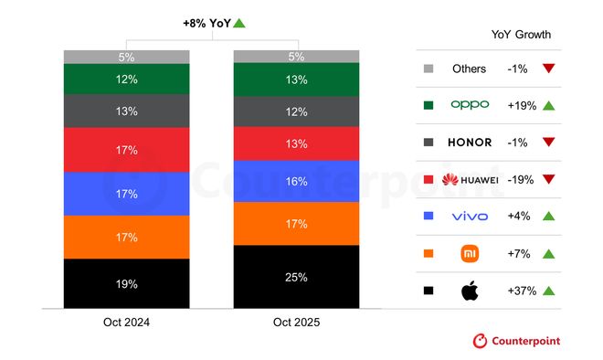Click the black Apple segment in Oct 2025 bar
point(296,276)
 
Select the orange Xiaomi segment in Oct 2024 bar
point(126,238)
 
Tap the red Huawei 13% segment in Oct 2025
point(296,143)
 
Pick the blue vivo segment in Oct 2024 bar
point(126,194)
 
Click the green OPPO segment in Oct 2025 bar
point(296,79)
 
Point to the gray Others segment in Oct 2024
point(126,57)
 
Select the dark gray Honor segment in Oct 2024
point(126,111)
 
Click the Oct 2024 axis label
point(126,323)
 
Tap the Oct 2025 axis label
point(296,323)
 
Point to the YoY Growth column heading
point(521,35)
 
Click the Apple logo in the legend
point(470,291)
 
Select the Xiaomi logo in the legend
point(470,253)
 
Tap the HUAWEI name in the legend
point(470,180)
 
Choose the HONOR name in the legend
point(470,143)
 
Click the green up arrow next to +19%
point(549,105)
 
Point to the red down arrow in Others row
point(549,69)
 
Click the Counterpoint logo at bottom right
point(516,341)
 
